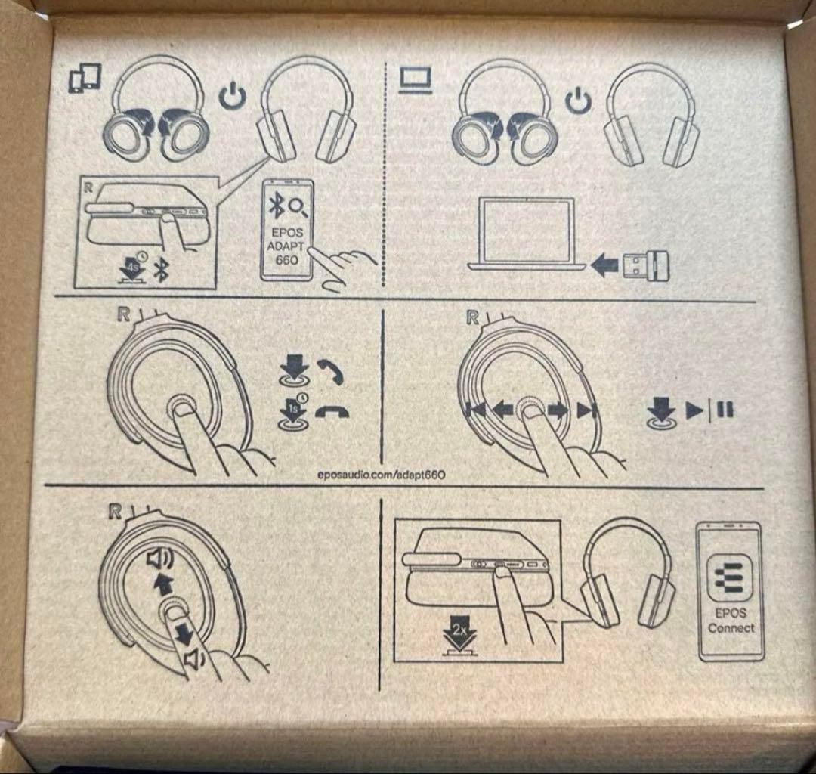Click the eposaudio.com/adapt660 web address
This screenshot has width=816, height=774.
point(381,475)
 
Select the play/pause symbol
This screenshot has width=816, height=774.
point(709,410)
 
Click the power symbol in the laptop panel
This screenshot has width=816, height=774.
point(578,101)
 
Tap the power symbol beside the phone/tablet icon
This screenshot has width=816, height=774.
point(232,96)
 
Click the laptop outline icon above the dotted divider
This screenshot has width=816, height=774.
point(416,81)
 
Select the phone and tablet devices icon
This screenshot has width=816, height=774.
point(85,78)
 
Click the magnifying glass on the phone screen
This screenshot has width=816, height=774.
point(298,207)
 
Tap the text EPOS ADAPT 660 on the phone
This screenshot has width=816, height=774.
point(286,246)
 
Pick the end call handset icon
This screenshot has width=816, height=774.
point(332,412)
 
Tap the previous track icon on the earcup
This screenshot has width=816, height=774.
point(475,410)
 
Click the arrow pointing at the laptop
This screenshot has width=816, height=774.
point(604,265)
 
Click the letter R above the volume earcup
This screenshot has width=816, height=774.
point(116,511)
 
